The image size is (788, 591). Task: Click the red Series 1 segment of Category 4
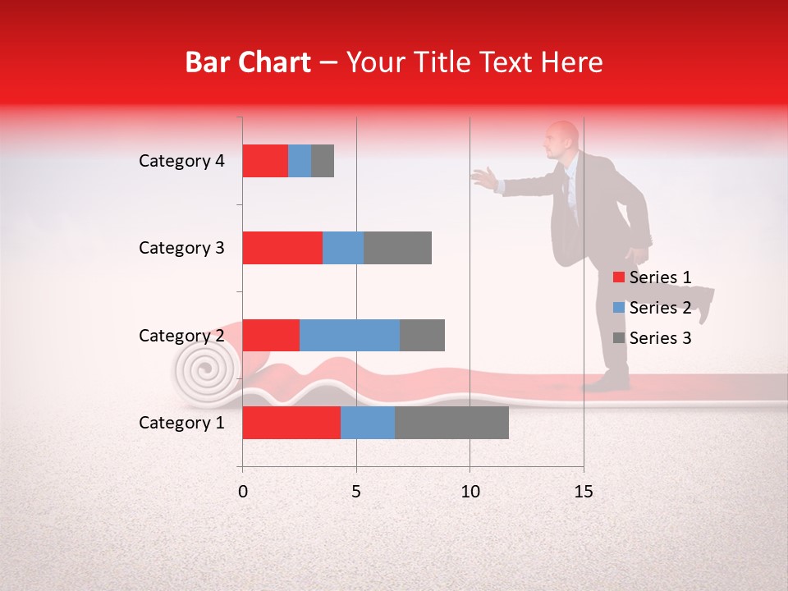pyautogui.click(x=265, y=161)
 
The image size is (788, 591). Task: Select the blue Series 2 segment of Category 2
pyautogui.click(x=350, y=335)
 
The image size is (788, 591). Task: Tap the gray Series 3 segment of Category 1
pyautogui.click(x=451, y=423)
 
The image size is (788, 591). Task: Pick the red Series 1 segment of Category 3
pyautogui.click(x=282, y=248)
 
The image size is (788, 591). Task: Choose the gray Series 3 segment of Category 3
pyautogui.click(x=397, y=248)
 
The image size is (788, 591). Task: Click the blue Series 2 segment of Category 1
pyautogui.click(x=368, y=423)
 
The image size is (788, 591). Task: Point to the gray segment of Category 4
pyautogui.click(x=323, y=161)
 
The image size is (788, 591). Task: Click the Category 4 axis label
pyautogui.click(x=181, y=161)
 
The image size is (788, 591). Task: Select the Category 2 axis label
pyautogui.click(x=181, y=335)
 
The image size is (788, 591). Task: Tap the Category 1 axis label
pyautogui.click(x=181, y=423)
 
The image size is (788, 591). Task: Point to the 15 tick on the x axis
pyautogui.click(x=583, y=492)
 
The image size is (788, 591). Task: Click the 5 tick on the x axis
pyautogui.click(x=356, y=492)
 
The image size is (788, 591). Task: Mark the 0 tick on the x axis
pyautogui.click(x=243, y=492)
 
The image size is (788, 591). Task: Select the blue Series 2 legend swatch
pyautogui.click(x=619, y=308)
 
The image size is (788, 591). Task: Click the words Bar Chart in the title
pyautogui.click(x=248, y=62)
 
